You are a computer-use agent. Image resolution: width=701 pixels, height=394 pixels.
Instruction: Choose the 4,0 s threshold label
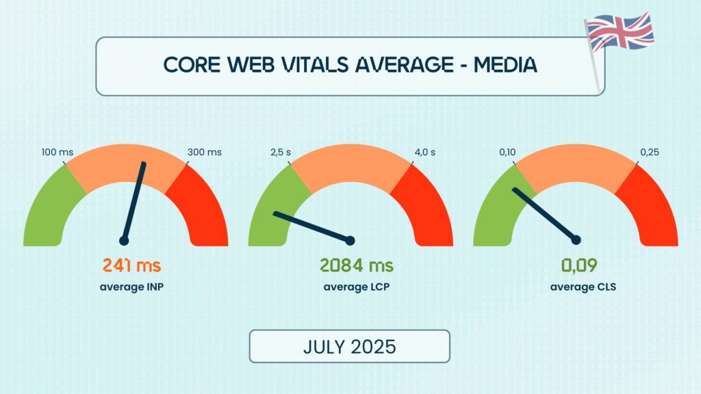point(424,152)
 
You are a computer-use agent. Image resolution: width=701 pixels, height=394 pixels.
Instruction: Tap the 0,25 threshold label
point(650,152)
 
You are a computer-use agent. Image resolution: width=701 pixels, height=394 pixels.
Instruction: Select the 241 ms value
point(131,265)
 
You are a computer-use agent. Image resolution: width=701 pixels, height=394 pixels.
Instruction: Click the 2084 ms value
point(357,265)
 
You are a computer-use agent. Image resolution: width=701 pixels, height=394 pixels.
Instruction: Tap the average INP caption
point(131,287)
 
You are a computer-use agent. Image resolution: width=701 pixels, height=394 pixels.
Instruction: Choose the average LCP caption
point(357,287)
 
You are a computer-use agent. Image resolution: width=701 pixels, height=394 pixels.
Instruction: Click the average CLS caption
point(583,287)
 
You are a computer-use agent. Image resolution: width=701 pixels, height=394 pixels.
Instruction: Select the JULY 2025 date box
point(349,346)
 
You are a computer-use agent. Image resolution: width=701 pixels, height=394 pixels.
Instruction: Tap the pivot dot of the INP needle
point(125,241)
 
